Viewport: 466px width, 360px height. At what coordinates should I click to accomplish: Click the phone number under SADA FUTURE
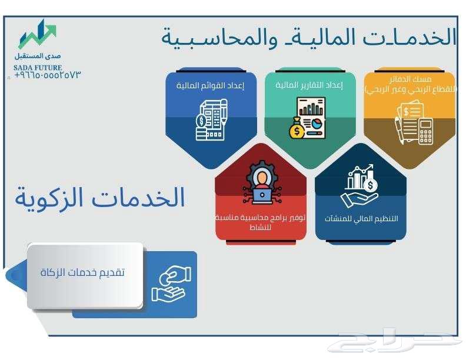[46, 75]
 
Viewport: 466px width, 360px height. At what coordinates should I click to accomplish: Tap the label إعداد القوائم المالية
[211, 86]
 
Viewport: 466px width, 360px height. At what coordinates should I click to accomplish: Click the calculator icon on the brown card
[424, 130]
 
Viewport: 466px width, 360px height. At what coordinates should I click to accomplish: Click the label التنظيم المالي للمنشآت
[361, 218]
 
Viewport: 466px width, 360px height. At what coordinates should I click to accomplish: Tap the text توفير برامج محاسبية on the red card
[261, 218]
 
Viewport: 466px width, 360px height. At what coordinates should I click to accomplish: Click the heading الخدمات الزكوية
[100, 198]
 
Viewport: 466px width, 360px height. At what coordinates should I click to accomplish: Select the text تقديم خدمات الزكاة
[82, 273]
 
